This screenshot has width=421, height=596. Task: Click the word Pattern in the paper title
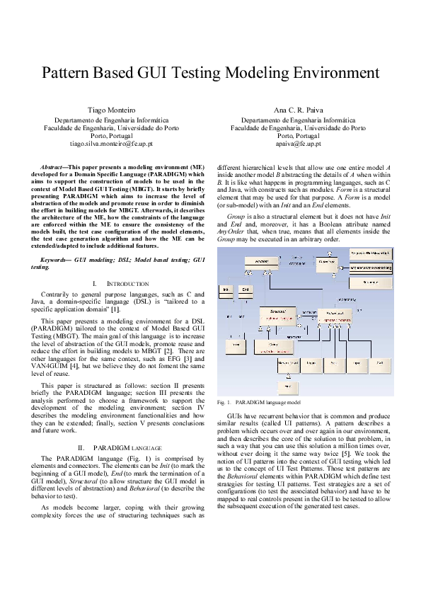[x=67, y=73]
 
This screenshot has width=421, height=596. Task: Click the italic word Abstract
[x=54, y=166]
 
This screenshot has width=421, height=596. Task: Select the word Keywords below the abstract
[x=57, y=260]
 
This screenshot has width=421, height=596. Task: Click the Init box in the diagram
[x=226, y=290]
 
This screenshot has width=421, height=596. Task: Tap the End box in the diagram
[x=245, y=290]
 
